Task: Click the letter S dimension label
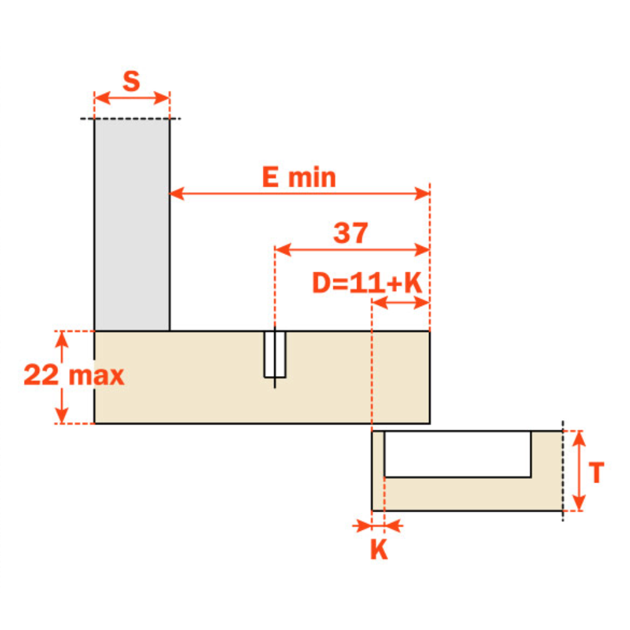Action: pos(132,81)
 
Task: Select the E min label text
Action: pos(299,177)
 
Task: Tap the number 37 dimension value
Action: pos(350,232)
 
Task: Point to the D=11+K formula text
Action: pos(367,283)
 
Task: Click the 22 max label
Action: pos(74,375)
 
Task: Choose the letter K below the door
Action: pos(379,549)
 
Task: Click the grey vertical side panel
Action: pos(132,225)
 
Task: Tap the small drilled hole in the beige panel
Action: pos(275,354)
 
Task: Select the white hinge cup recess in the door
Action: pos(457,454)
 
